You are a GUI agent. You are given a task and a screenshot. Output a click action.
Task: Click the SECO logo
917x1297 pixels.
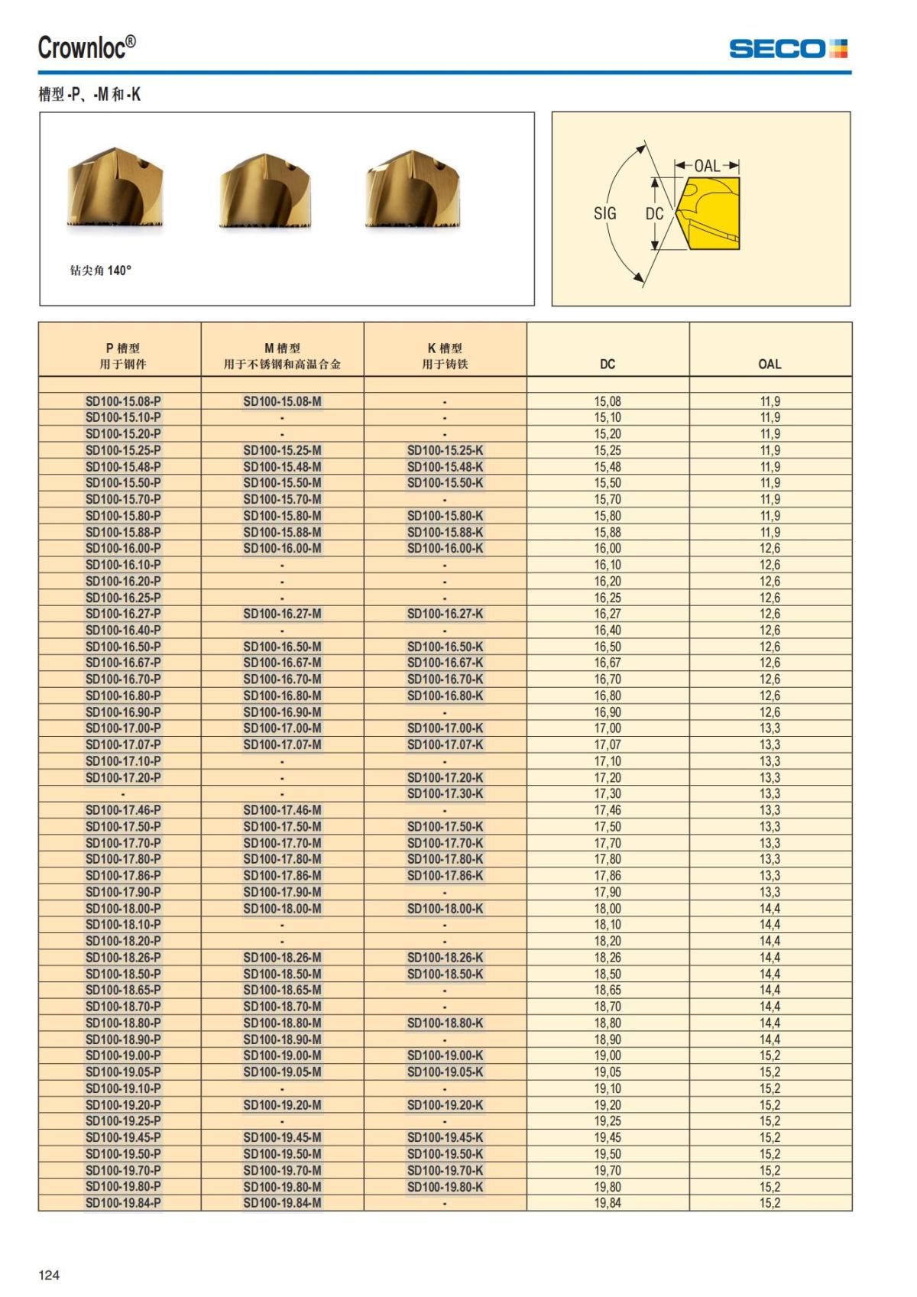[x=787, y=49]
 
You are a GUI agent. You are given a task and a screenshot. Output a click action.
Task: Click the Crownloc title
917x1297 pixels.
[x=87, y=47]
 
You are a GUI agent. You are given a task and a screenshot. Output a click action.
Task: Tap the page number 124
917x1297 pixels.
[x=49, y=1274]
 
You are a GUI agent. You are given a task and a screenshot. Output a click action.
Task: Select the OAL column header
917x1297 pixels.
[x=770, y=364]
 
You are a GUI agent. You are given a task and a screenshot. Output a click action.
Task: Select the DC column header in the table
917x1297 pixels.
[x=608, y=364]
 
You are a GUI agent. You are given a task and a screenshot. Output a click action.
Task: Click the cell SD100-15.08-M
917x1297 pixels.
[x=282, y=401]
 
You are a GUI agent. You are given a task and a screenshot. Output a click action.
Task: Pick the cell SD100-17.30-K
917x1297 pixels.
[x=445, y=793]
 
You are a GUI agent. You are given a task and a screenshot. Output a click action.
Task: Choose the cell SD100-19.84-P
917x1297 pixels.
[x=123, y=1203]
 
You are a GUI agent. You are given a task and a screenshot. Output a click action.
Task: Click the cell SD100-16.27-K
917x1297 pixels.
[x=445, y=614]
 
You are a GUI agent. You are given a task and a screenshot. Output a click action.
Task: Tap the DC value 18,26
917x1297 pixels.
[x=608, y=958]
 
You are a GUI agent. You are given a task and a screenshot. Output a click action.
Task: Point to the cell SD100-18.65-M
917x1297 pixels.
[x=282, y=990]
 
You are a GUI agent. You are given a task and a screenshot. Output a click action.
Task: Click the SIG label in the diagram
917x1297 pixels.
[x=604, y=214]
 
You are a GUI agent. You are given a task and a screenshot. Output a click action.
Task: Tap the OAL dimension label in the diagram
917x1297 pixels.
[x=707, y=166]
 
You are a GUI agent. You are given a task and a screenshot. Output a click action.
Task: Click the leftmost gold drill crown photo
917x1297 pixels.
[x=115, y=188]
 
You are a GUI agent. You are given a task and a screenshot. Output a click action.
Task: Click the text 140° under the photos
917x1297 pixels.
[x=119, y=271]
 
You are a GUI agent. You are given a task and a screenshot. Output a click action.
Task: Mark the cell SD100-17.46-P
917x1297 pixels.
[x=123, y=810]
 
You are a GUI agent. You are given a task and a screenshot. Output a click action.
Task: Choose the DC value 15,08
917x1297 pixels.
[x=608, y=401]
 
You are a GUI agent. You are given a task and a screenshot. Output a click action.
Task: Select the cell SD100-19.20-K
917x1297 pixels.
[x=445, y=1104]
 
